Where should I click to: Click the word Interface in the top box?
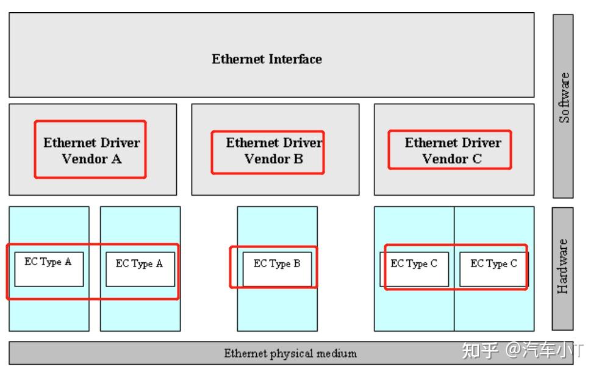(296, 59)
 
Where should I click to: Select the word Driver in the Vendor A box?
(120, 143)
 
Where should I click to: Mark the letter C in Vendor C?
(476, 159)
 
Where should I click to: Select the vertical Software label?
(565, 98)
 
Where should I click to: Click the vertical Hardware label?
(563, 266)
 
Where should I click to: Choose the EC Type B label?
(277, 264)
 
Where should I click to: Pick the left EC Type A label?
(48, 262)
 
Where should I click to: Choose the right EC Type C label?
(493, 264)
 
